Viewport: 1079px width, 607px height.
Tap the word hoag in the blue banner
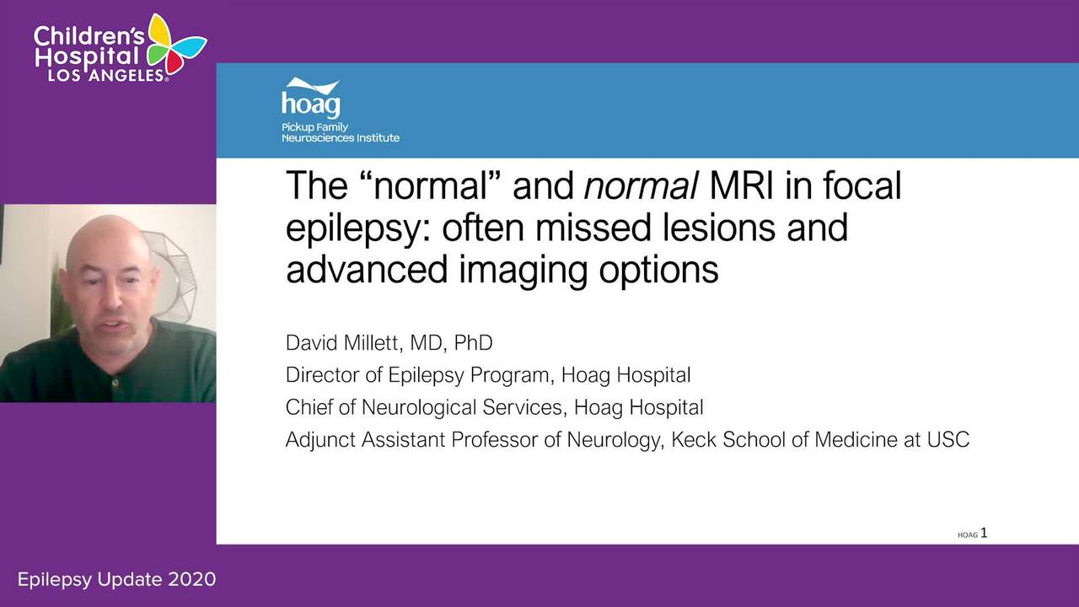coord(311,103)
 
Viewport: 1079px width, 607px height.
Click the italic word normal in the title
coord(641,185)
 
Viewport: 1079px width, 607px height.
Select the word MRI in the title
coord(741,185)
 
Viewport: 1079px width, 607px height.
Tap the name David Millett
coord(343,343)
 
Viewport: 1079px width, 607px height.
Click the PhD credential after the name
coord(473,343)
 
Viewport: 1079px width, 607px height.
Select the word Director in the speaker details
coord(322,375)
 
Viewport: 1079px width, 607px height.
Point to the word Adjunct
coord(320,440)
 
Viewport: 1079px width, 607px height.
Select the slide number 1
coord(984,533)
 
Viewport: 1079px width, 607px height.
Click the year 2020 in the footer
coord(191,579)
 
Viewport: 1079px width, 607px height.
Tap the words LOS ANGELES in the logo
coord(106,75)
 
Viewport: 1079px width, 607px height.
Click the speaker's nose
coord(112,299)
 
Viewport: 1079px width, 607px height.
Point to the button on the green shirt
coord(115,383)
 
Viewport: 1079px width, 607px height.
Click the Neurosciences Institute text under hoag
coord(341,137)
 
